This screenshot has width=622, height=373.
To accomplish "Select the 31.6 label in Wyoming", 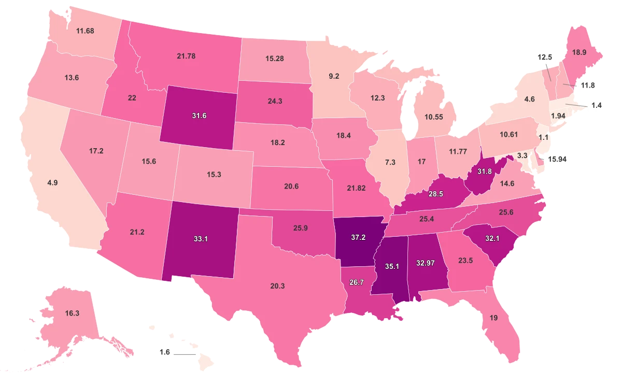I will pos(200,116).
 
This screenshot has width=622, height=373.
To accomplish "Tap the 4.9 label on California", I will pos(52,183).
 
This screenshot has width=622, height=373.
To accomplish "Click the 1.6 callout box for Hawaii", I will pos(165,352).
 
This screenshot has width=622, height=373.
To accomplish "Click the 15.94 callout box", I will pos(558,159).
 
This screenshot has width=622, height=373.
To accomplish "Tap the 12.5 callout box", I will pos(544,57).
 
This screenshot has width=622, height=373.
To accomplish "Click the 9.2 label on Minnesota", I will pos(334,76).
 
